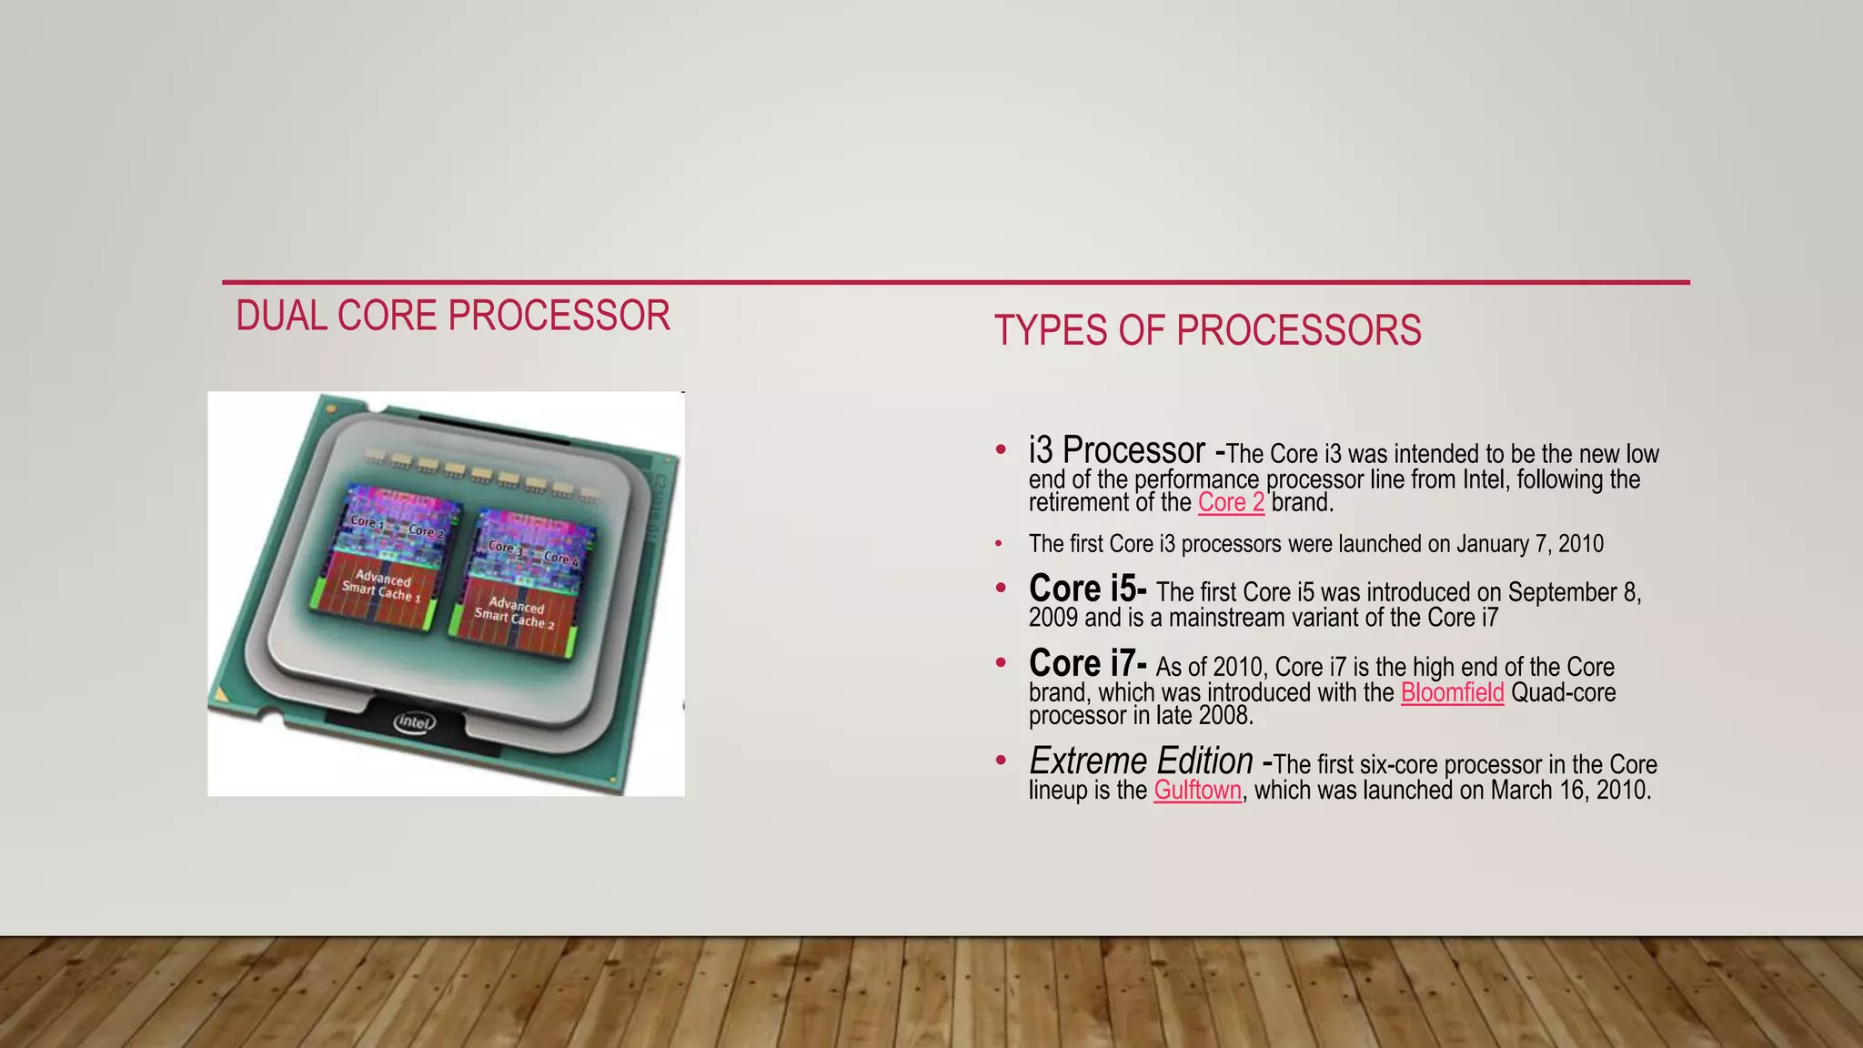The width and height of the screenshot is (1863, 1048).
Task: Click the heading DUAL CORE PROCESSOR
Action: click(x=453, y=316)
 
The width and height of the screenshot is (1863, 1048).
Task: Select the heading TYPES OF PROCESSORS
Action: click(x=1207, y=330)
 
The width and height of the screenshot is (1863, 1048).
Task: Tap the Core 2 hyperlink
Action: click(x=1231, y=502)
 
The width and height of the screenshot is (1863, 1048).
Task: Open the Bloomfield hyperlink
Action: click(x=1452, y=692)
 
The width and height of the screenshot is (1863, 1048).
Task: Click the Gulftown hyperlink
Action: click(x=1197, y=790)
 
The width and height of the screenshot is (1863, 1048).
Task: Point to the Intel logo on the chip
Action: click(x=415, y=722)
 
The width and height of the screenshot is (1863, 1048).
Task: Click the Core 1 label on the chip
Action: click(x=367, y=522)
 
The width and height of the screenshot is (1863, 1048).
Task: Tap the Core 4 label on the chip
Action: click(x=561, y=558)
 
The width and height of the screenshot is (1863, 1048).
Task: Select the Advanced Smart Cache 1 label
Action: click(x=381, y=586)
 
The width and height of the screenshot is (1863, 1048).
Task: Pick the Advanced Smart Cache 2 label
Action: click(x=515, y=612)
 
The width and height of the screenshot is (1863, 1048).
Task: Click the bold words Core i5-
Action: click(x=1087, y=589)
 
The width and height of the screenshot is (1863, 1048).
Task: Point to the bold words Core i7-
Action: click(x=1087, y=664)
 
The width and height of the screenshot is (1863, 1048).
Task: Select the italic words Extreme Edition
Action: click(x=1141, y=761)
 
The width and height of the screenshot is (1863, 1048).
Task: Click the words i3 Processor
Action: click(x=1116, y=451)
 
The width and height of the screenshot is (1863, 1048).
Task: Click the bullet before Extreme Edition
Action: click(x=1001, y=760)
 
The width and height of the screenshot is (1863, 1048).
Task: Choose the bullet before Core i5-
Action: click(x=1001, y=589)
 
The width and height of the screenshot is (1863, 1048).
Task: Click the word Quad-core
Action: click(x=1563, y=692)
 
